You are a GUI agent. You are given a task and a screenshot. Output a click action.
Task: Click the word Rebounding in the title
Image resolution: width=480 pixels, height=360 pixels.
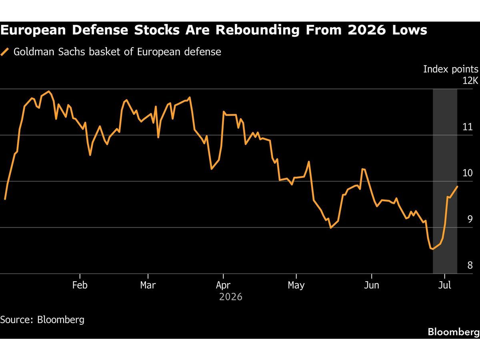tap(257, 30)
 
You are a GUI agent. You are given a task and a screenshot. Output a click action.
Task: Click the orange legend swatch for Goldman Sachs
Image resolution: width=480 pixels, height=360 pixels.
tap(4, 52)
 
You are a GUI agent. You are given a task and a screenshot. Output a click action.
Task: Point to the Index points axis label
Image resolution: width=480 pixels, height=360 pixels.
tap(451, 69)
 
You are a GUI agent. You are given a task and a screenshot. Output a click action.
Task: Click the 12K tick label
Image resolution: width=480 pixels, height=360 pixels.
tap(470, 81)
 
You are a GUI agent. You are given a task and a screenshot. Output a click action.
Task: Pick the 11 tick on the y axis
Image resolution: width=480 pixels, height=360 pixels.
tap(468, 127)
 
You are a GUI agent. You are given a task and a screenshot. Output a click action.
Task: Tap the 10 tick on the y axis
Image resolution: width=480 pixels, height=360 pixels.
tap(468, 173)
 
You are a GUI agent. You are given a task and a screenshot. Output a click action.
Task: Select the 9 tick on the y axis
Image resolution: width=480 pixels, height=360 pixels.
tap(470, 219)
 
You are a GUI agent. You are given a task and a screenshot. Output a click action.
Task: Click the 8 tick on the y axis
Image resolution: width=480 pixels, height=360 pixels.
tap(470, 265)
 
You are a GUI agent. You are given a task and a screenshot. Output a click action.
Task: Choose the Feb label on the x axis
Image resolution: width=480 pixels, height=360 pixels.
tap(80, 285)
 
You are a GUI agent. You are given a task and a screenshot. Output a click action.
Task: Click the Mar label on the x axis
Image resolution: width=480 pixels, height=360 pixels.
tap(148, 285)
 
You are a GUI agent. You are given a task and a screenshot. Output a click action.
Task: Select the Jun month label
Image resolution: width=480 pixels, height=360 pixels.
tap(372, 285)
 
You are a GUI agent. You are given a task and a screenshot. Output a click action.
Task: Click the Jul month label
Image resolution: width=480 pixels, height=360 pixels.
tap(444, 285)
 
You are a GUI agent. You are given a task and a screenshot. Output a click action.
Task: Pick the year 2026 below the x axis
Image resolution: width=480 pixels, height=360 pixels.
tap(231, 297)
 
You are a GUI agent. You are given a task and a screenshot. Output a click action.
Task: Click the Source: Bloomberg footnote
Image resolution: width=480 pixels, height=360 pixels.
tap(42, 320)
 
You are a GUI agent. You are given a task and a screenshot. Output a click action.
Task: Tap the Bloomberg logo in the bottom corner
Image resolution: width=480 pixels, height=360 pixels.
tap(454, 332)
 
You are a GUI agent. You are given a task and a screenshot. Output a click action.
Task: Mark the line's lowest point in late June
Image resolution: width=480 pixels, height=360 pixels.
tap(433, 249)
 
